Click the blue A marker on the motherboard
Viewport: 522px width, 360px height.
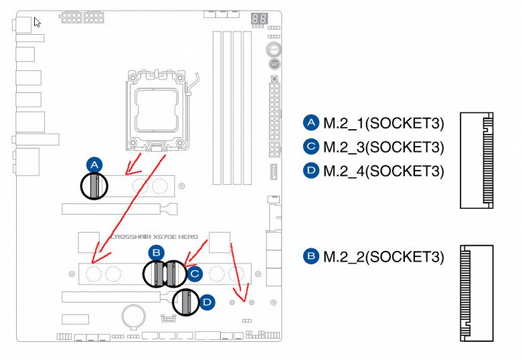[94, 165]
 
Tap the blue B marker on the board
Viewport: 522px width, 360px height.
[156, 252]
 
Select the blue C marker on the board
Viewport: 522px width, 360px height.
[194, 273]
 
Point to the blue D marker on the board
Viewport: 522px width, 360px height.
[207, 302]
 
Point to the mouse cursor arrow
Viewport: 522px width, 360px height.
[37, 21]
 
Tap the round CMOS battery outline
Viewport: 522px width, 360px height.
[135, 315]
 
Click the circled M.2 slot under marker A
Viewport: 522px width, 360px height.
[94, 185]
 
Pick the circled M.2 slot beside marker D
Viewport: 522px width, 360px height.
[186, 302]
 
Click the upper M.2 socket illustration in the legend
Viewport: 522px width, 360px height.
[477, 159]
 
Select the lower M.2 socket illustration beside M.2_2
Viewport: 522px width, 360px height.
[477, 293]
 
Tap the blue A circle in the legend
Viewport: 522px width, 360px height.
[311, 123]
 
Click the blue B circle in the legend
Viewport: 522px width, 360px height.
[311, 256]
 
